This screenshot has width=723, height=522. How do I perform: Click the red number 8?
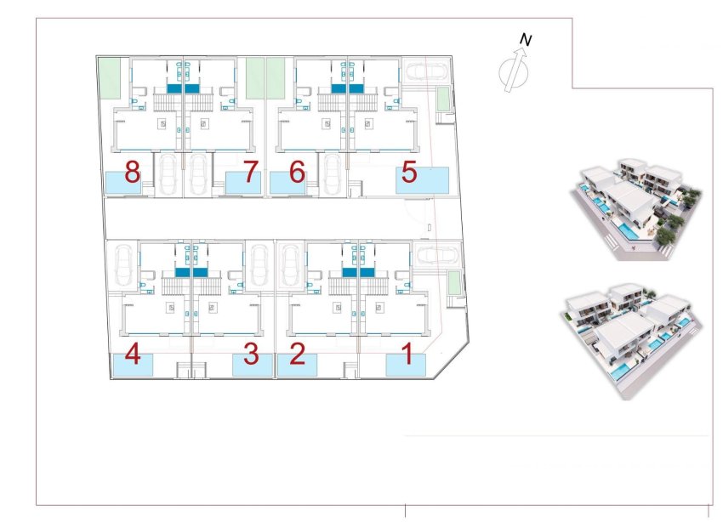132,173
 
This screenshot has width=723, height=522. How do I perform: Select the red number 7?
250,173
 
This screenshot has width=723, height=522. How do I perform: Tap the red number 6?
297,173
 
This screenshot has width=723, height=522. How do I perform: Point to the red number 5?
409,173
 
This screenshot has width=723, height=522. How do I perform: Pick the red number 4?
132,353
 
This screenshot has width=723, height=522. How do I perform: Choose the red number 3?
251,353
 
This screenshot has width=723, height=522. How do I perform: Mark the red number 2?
297,353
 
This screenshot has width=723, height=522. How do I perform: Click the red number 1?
407,353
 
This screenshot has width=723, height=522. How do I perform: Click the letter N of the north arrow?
527,39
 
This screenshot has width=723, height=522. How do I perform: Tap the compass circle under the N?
510,71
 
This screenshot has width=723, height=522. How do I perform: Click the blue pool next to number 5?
423,180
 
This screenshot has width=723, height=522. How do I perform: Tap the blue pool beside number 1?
405,365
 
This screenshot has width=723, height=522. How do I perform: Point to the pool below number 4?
134,366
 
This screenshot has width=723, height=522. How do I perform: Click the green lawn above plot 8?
108,78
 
